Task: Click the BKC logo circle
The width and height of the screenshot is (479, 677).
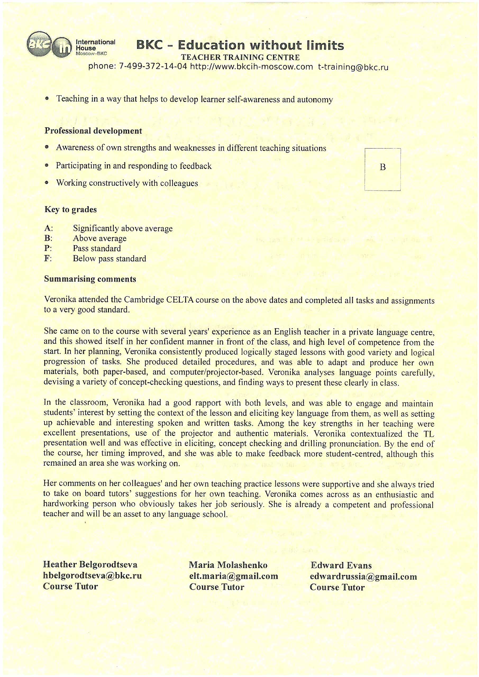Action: [39, 44]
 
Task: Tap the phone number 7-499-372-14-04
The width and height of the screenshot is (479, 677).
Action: [153, 67]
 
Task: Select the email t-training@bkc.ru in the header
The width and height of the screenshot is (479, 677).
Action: [353, 67]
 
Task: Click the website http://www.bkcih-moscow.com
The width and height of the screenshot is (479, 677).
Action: [251, 67]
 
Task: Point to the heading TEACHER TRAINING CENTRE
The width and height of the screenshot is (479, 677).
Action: [240, 57]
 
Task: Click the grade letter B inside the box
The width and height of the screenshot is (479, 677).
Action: [382, 167]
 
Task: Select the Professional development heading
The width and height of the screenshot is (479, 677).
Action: [93, 131]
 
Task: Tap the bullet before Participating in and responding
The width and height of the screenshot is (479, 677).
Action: [47, 166]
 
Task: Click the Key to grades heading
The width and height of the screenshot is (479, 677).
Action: [71, 210]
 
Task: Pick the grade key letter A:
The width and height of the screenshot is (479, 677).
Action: [48, 228]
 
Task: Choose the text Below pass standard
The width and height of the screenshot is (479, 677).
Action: [110, 259]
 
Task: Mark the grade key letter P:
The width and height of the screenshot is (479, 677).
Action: [48, 248]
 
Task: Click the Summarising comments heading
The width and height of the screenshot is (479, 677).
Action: [90, 279]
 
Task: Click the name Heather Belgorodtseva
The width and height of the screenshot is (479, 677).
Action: [90, 564]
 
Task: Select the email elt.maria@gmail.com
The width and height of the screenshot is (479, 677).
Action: [234, 576]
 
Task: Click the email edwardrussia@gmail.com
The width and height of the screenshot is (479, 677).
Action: [363, 577]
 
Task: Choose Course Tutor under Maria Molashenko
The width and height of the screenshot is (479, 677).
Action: [217, 587]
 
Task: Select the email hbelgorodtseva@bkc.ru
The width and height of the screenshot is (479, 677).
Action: [92, 575]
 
